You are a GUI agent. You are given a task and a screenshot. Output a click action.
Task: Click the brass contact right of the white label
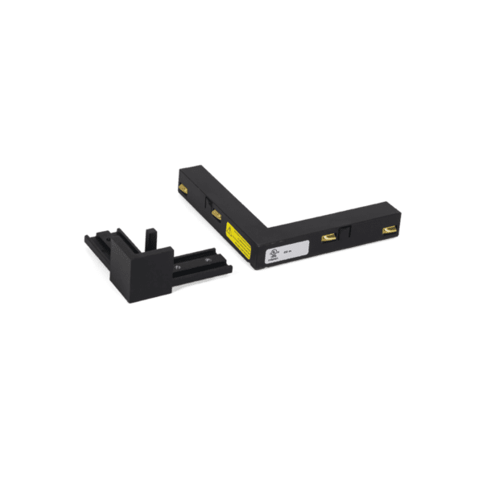328,238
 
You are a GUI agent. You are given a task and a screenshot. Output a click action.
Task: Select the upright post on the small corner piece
150,240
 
